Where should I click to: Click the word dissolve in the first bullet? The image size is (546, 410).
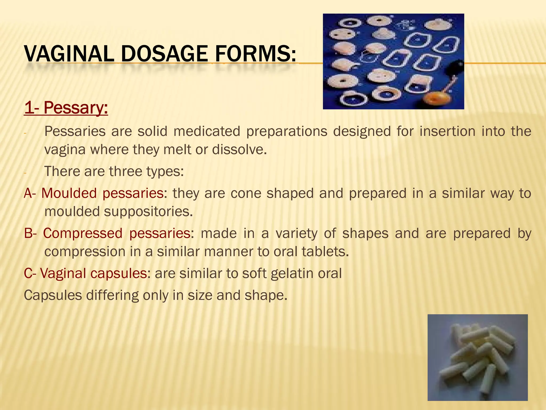(x=239, y=149)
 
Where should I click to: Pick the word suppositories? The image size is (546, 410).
(x=148, y=211)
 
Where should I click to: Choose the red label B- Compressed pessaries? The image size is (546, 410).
(x=107, y=233)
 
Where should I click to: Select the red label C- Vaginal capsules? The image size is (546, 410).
(x=85, y=273)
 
